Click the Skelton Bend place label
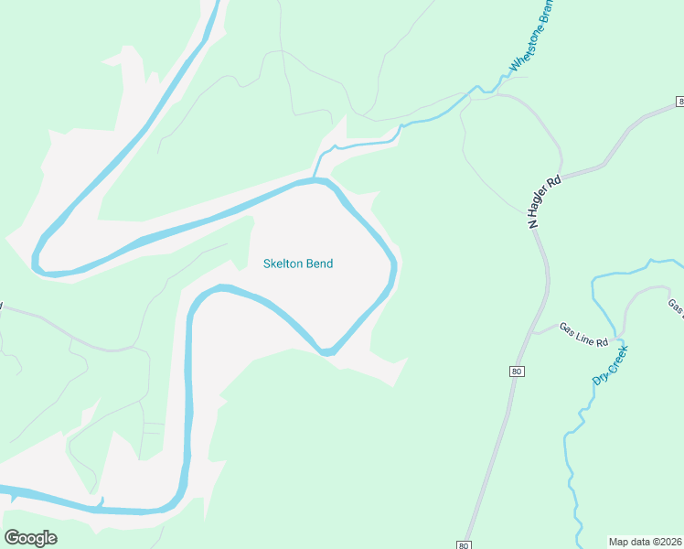[x=298, y=264]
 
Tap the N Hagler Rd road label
[x=546, y=202]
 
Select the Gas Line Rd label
[x=583, y=335]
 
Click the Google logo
[x=30, y=538]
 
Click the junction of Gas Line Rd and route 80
[x=533, y=332]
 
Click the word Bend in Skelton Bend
[x=319, y=264]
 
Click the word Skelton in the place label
[x=283, y=264]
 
